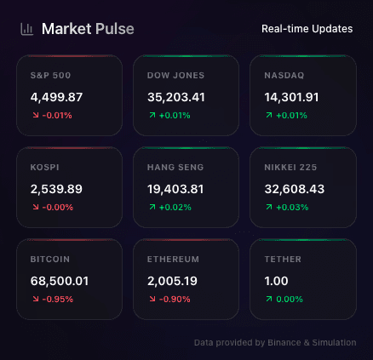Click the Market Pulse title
click(x=88, y=29)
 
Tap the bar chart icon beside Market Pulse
click(x=27, y=29)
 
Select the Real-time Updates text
click(x=307, y=29)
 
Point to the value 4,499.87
click(x=56, y=97)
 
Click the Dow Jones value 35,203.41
click(x=176, y=97)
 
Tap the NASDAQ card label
click(x=284, y=76)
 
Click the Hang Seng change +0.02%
click(x=175, y=207)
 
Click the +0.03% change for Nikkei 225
click(x=292, y=207)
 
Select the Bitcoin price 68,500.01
click(x=60, y=281)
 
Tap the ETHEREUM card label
click(x=173, y=260)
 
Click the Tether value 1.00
click(x=277, y=281)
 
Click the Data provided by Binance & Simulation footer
click(x=275, y=342)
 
